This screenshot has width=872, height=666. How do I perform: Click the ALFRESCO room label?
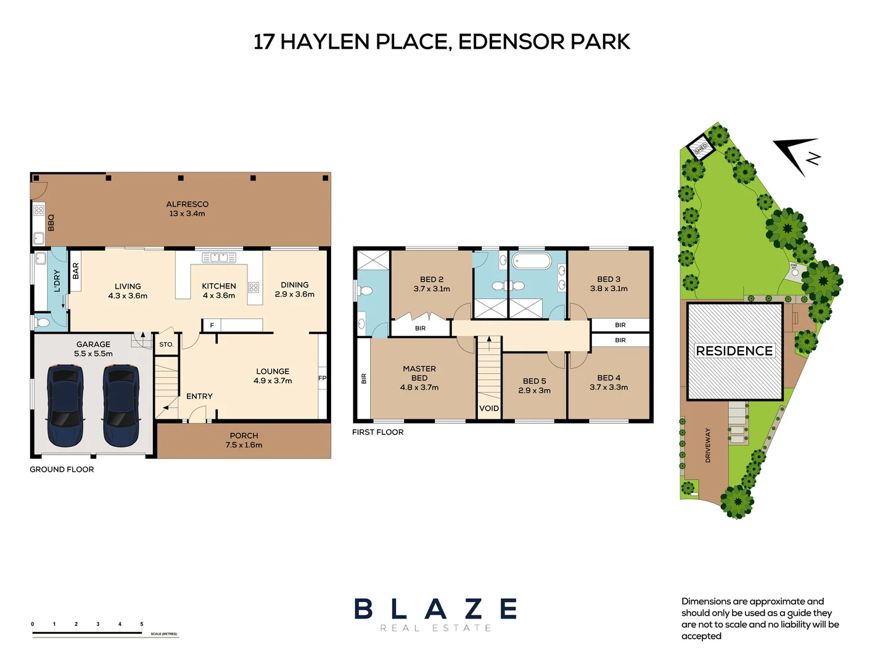(x=187, y=204)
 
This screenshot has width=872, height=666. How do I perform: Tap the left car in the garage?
(x=65, y=405)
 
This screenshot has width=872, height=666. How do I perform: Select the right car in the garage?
(x=121, y=405)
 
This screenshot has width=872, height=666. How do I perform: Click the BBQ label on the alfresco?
(x=51, y=222)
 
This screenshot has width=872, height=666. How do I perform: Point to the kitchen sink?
(x=219, y=257)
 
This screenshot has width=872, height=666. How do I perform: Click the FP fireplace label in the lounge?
(x=322, y=378)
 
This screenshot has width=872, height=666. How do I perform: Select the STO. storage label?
(x=167, y=344)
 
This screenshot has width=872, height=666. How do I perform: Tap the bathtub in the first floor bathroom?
(x=532, y=261)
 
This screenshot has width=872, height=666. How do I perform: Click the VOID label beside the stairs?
(x=489, y=408)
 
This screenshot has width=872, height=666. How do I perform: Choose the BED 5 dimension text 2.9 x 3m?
(x=534, y=390)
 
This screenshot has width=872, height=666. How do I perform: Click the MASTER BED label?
(x=419, y=373)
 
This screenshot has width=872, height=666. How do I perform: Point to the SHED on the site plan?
(x=701, y=148)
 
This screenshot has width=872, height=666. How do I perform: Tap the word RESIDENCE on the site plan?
(x=734, y=351)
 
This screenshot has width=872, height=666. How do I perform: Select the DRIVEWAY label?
(x=708, y=445)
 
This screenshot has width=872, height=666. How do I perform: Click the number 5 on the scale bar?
(x=142, y=624)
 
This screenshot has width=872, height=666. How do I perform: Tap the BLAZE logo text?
(x=435, y=609)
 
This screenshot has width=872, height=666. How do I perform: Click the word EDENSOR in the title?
(x=511, y=41)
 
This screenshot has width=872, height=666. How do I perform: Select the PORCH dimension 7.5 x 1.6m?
(x=244, y=445)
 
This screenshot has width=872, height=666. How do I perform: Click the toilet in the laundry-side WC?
(x=43, y=323)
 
